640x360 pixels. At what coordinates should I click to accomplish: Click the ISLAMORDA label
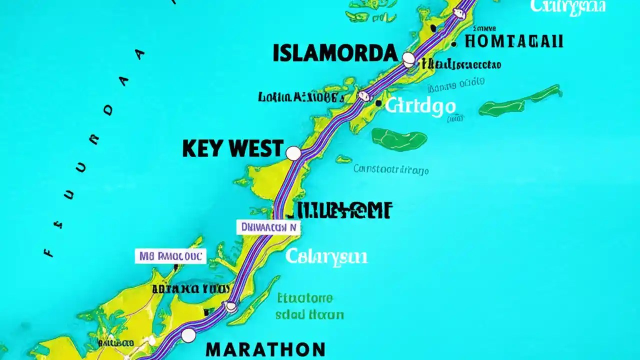point(335,53)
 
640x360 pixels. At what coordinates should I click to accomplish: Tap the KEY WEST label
point(233,149)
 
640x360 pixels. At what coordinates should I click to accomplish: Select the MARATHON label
point(265,349)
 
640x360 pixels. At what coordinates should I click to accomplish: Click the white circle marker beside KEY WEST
point(293,153)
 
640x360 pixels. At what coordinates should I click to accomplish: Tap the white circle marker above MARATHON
point(188,335)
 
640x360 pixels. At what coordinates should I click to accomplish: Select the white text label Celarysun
point(326,257)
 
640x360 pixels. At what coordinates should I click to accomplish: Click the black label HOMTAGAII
point(513,41)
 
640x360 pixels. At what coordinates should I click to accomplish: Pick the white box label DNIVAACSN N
point(268,227)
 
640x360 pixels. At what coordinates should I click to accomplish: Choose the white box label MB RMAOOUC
point(170,256)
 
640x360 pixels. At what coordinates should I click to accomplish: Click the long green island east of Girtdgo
point(520,101)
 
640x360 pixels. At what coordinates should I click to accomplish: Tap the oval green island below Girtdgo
point(399,138)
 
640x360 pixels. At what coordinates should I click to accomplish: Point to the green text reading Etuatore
point(304,298)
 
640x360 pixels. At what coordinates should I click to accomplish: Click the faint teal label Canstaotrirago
point(391,169)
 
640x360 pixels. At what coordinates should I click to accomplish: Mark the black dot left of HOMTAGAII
point(453,44)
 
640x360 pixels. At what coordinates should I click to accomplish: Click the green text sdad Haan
point(310,314)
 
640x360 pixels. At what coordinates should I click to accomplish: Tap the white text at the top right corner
point(568,6)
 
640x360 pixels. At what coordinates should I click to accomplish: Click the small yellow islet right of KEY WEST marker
point(343,159)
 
